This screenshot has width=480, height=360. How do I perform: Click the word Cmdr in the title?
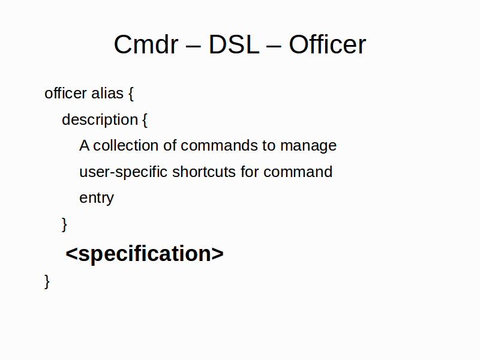pyautogui.click(x=146, y=44)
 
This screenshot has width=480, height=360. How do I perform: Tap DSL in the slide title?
pyautogui.click(x=234, y=44)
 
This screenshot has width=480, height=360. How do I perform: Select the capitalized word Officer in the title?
pyautogui.click(x=328, y=44)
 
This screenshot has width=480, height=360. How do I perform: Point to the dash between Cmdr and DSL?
pyautogui.click(x=193, y=47)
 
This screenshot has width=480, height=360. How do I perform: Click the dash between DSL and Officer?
pyautogui.click(x=274, y=47)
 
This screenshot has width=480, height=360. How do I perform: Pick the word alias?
pyautogui.click(x=107, y=93)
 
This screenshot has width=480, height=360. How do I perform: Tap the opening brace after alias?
pyautogui.click(x=131, y=94)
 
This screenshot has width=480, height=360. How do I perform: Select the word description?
pyautogui.click(x=100, y=119)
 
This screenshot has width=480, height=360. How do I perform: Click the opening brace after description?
pyautogui.click(x=145, y=120)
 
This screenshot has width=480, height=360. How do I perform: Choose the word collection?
pyautogui.click(x=125, y=145)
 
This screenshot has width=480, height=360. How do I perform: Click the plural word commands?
pyautogui.click(x=219, y=145)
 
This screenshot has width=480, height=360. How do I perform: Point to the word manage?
pyautogui.click(x=308, y=146)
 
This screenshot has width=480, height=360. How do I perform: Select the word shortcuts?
pyautogui.click(x=204, y=172)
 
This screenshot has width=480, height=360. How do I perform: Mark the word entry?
pyautogui.click(x=97, y=199)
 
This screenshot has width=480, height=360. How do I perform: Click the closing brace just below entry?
pyautogui.click(x=64, y=224)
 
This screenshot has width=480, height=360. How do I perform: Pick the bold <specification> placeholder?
pyautogui.click(x=145, y=254)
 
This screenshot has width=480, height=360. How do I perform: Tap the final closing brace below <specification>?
pyautogui.click(x=47, y=281)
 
